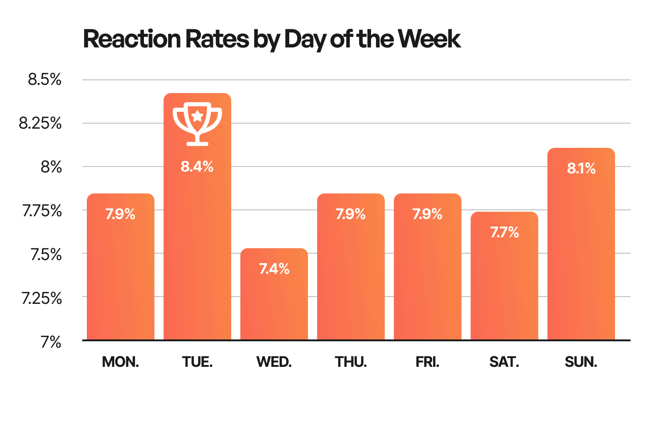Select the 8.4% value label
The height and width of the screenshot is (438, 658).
tap(197, 167)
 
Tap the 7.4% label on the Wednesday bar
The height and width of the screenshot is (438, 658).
tap(274, 269)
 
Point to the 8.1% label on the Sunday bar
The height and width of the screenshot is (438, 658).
tap(581, 168)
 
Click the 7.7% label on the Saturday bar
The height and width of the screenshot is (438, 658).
tap(504, 232)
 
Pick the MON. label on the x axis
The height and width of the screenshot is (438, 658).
tap(121, 362)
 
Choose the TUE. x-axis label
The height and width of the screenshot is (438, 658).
tap(197, 362)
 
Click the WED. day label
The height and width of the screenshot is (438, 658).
tap(274, 362)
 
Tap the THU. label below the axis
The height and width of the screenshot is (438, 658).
tap(351, 362)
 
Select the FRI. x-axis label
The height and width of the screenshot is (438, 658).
tap(428, 362)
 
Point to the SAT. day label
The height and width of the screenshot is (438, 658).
tap(504, 362)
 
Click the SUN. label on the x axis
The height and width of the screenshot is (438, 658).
tap(581, 362)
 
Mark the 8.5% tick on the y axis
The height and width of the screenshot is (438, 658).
tap(45, 79)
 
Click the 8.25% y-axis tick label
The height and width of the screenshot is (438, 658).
tap(40, 123)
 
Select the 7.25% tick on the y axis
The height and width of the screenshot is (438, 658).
tap(42, 298)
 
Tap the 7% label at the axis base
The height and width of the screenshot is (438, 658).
tap(51, 342)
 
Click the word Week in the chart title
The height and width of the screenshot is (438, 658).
tap(429, 39)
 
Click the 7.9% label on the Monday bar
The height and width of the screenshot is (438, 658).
tap(121, 214)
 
